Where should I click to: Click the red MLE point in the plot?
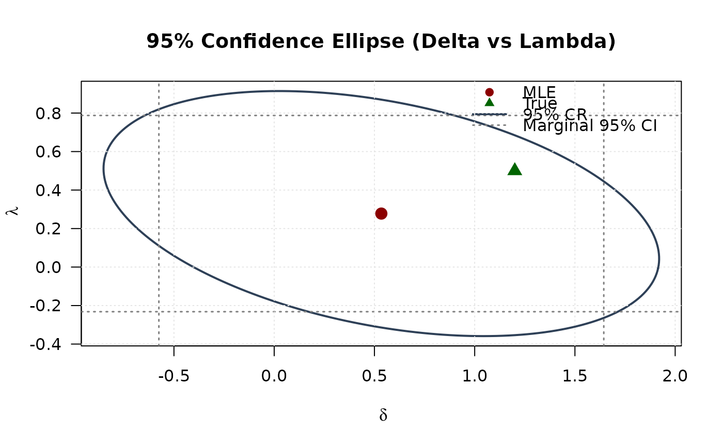[381, 214]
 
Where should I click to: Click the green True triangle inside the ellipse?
[514, 169]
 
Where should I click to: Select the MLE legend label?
[539, 92]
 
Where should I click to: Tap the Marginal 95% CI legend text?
[590, 125]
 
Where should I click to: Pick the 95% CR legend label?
[555, 114]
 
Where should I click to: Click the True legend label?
[540, 103]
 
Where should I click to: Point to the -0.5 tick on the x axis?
[174, 376]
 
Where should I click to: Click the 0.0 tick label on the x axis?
[274, 376]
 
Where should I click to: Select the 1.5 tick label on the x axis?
[575, 376]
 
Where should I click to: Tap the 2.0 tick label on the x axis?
[675, 376]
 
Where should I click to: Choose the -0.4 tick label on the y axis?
[46, 344]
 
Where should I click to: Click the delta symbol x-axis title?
[383, 416]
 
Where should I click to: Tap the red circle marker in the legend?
[490, 92]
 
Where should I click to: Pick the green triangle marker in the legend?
[490, 103]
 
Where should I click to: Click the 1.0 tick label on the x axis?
[474, 376]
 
